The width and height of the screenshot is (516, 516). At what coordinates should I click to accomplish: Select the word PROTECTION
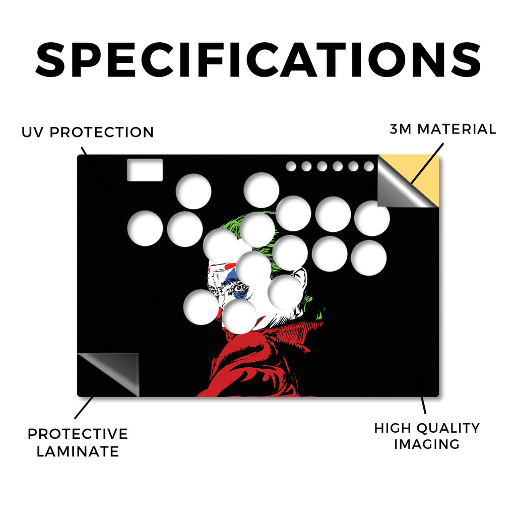click(102, 133)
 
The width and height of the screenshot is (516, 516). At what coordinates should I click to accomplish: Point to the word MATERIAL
click(457, 129)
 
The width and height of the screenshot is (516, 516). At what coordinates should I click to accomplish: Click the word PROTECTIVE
click(78, 434)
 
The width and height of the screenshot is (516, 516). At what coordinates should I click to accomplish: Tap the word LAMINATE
click(78, 451)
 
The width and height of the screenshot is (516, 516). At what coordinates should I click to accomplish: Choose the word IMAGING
click(426, 444)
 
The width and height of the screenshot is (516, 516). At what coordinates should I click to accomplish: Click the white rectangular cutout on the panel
click(145, 170)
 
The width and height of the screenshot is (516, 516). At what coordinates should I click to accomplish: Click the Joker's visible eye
click(240, 288)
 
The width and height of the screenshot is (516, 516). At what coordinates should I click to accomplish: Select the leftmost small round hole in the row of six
click(291, 166)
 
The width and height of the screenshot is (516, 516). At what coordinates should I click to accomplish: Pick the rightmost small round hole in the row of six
click(369, 166)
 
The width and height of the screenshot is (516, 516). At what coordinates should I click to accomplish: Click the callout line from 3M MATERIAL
click(427, 163)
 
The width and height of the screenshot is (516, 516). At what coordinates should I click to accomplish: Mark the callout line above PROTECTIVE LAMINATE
click(84, 408)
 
